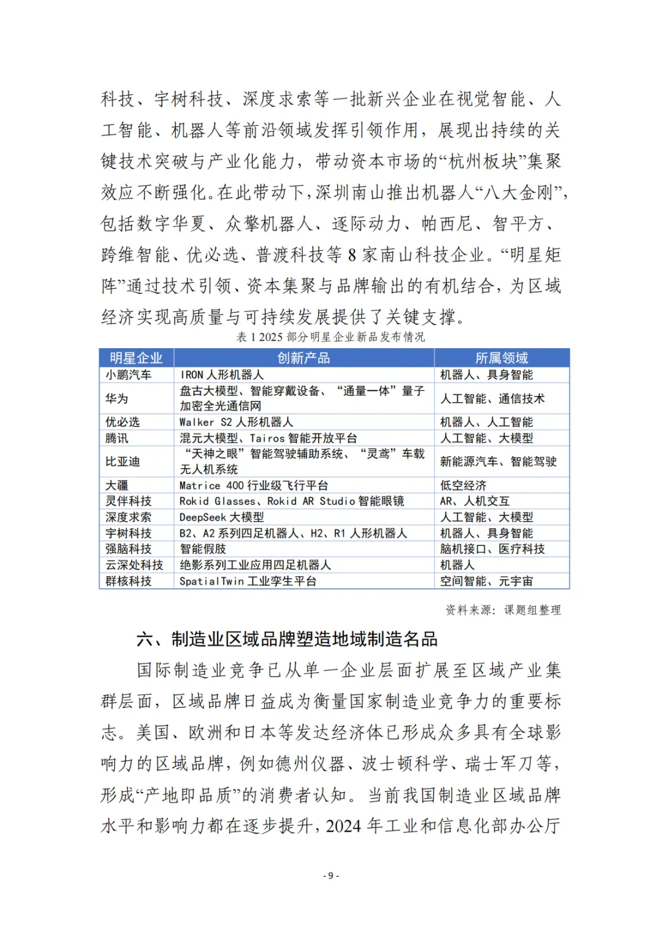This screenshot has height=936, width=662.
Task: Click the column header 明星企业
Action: point(136,358)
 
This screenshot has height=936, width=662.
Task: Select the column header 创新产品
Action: point(303,358)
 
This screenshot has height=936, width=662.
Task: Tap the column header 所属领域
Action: point(501,358)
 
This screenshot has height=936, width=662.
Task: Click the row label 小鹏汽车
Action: point(129,375)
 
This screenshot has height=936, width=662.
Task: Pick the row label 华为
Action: point(117,398)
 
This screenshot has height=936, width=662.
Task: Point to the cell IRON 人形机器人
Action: point(221,375)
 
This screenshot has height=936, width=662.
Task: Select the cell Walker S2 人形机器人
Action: point(236,422)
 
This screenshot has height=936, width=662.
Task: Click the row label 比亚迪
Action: point(123,462)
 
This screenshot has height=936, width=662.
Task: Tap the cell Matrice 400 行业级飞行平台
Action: point(253,485)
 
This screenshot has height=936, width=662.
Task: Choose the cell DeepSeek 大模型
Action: point(221,517)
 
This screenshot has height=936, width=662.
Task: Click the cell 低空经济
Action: point(463,485)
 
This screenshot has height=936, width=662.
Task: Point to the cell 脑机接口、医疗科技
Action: point(492,549)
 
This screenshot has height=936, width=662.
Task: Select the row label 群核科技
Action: point(129,580)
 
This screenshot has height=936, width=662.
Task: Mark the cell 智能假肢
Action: point(203,549)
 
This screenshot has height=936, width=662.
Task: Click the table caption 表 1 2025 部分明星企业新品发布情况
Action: point(330,337)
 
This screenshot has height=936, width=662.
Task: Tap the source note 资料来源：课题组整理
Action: point(503,609)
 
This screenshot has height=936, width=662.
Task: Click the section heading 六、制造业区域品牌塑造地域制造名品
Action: point(287,639)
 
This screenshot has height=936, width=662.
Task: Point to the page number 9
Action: point(331,875)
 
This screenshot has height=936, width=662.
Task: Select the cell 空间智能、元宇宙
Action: point(486,580)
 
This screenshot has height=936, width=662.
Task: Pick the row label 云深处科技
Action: point(134,565)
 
